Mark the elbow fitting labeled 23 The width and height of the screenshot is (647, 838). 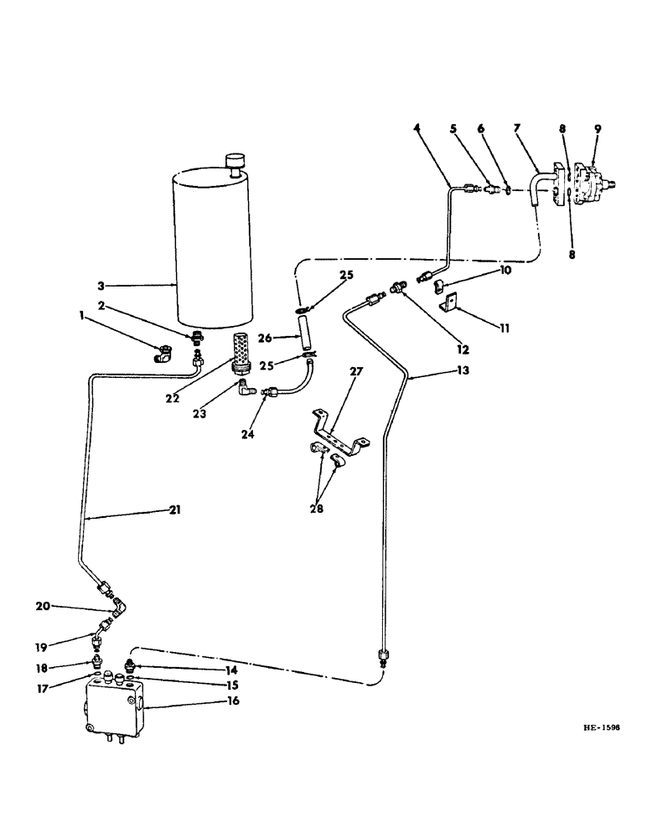(244, 387)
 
